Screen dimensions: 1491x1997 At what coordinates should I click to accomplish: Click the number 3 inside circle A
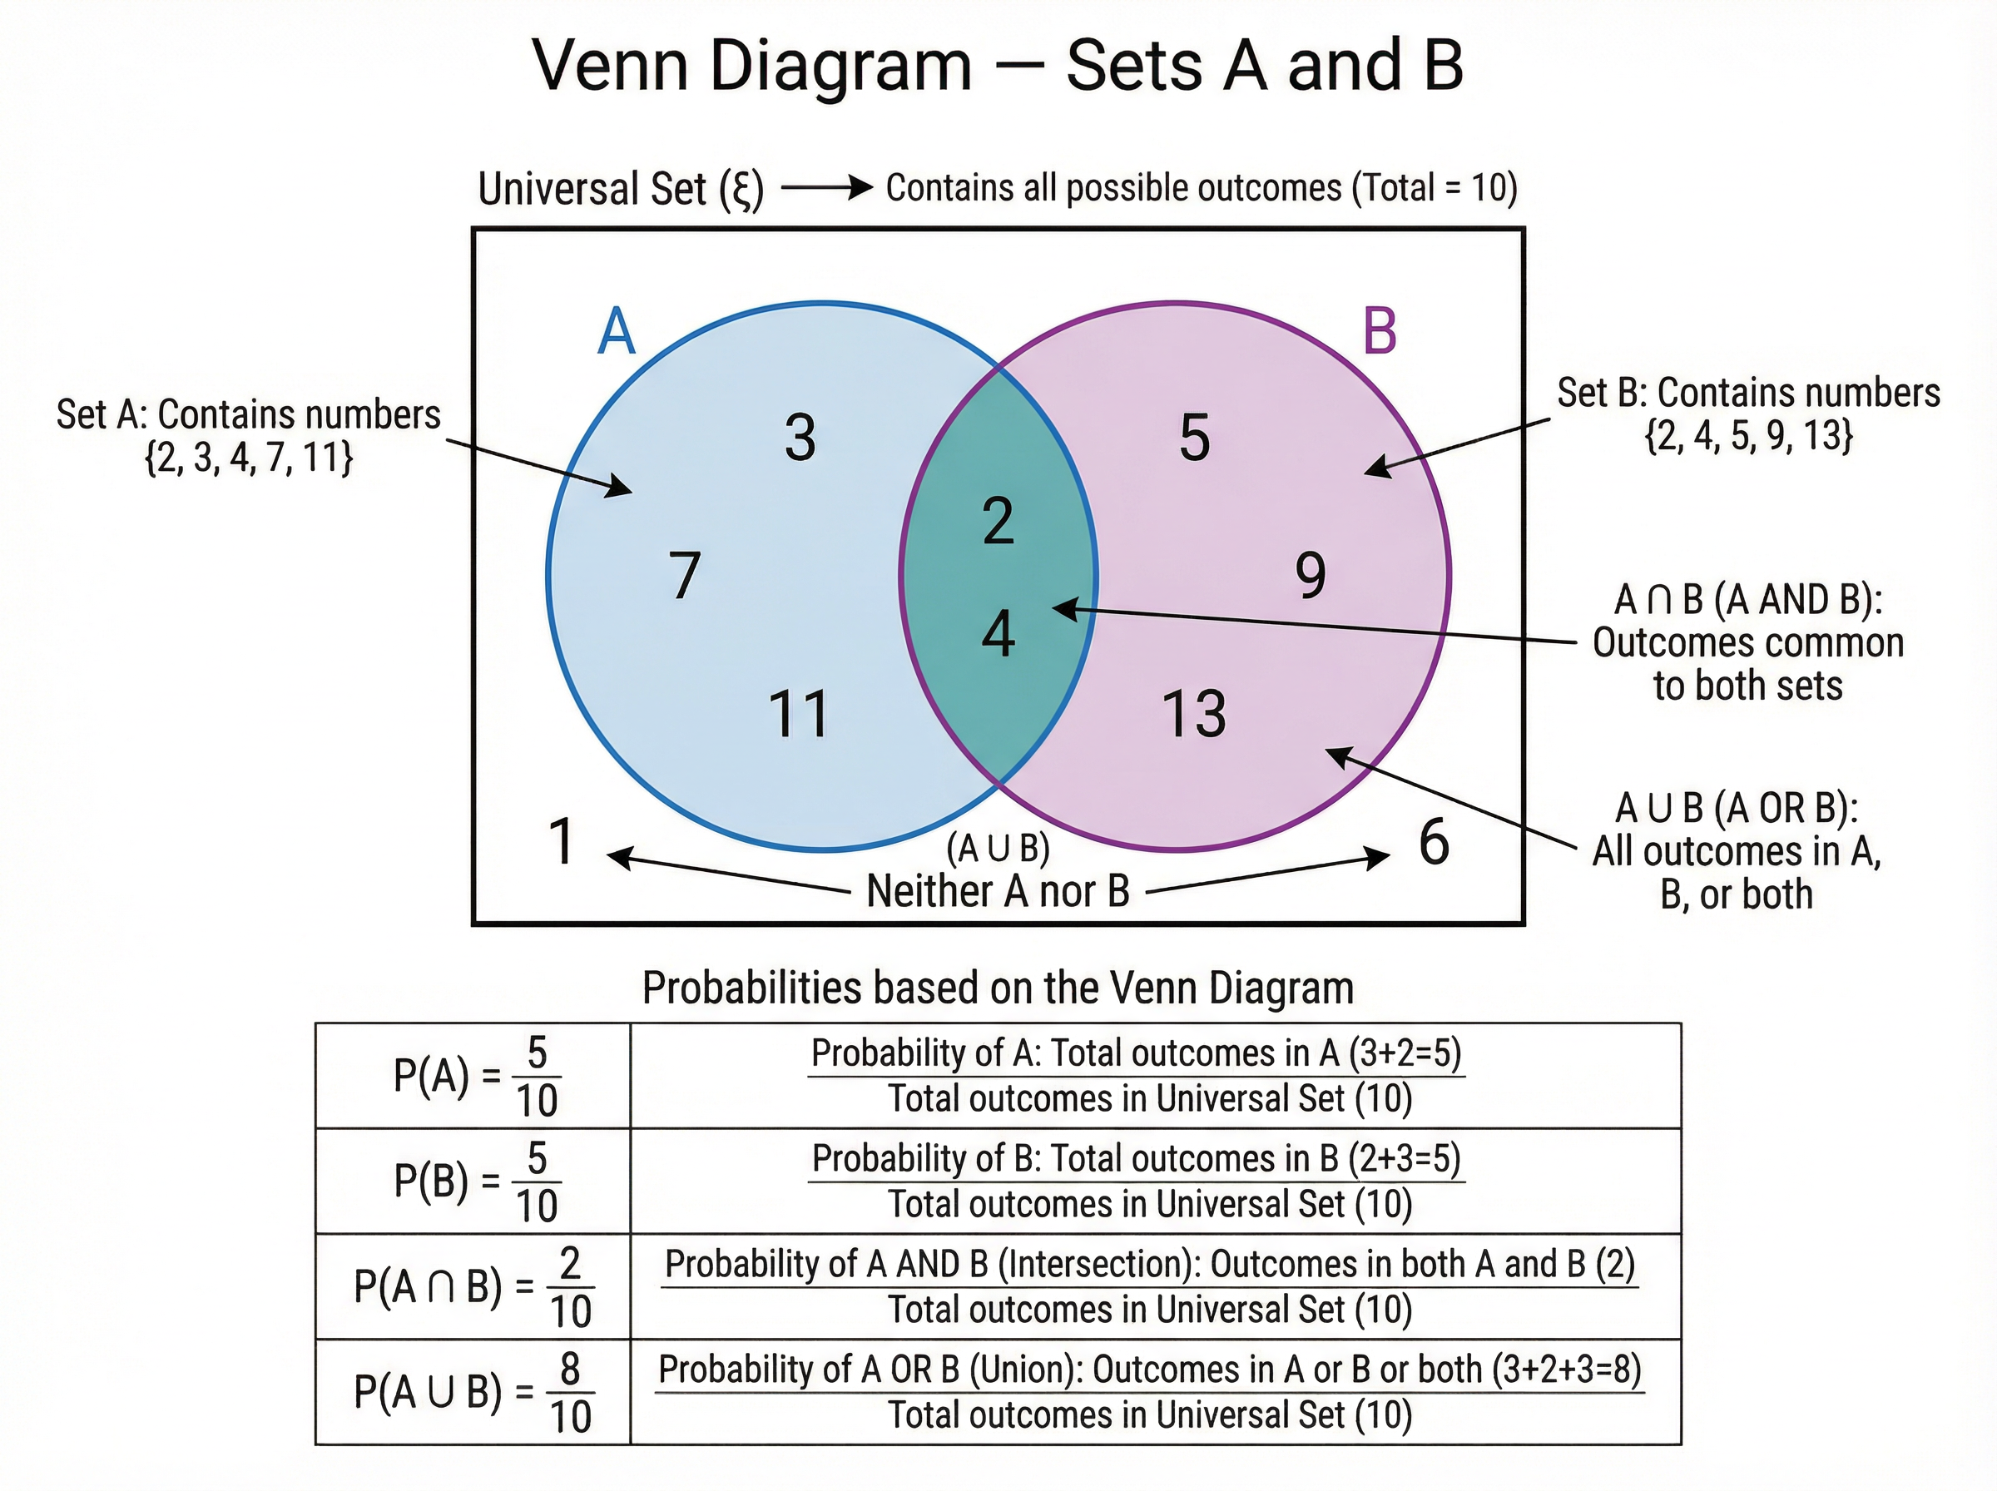tap(800, 438)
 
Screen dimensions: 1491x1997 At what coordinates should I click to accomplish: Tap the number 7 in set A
tap(685, 575)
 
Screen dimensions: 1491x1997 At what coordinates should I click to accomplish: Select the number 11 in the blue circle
tap(799, 714)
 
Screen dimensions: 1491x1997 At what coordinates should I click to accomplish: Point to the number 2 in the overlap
tap(998, 521)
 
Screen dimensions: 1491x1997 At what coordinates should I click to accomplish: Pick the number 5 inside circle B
tap(1195, 438)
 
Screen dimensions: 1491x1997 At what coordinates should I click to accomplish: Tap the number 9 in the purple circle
tap(1311, 575)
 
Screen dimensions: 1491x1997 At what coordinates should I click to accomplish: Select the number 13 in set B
tap(1194, 714)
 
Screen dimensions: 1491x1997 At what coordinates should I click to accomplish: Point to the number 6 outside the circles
tap(1434, 841)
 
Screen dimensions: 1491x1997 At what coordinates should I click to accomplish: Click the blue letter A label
tap(617, 331)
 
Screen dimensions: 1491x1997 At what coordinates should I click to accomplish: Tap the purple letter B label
tap(1380, 331)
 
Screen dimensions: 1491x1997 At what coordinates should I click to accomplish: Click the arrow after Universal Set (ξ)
tap(826, 188)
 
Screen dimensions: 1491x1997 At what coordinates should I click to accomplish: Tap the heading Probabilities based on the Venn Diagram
tap(998, 988)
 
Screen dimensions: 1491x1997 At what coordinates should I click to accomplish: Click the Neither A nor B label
tap(998, 891)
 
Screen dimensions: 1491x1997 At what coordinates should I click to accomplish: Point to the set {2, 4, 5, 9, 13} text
tap(1749, 435)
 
